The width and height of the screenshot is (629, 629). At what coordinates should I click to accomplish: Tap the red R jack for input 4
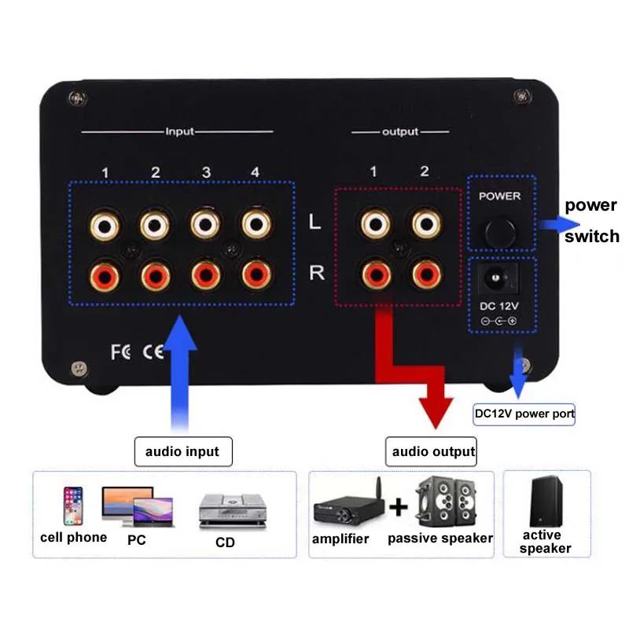pyautogui.click(x=256, y=274)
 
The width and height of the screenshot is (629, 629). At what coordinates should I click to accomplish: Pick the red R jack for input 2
pyautogui.click(x=155, y=274)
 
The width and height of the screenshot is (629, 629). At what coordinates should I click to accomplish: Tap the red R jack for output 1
pyautogui.click(x=375, y=274)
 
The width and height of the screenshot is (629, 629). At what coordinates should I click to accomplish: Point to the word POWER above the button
pyautogui.click(x=499, y=196)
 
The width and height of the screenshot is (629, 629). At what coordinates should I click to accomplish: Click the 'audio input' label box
pyautogui.click(x=182, y=452)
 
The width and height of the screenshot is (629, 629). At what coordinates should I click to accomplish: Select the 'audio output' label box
pyautogui.click(x=434, y=452)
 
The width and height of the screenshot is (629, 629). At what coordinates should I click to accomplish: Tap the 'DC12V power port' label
pyautogui.click(x=524, y=414)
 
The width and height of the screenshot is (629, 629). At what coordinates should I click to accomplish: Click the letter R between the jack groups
pyautogui.click(x=316, y=273)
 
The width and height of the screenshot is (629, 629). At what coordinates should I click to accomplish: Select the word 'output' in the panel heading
pyautogui.click(x=400, y=132)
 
